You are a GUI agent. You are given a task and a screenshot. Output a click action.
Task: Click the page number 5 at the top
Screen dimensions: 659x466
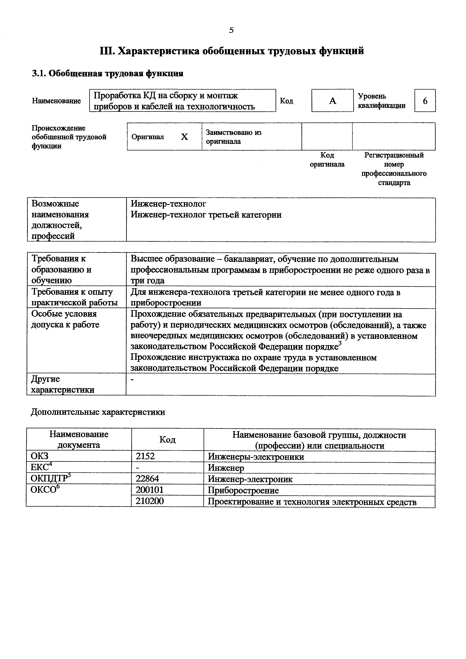tap(231, 30)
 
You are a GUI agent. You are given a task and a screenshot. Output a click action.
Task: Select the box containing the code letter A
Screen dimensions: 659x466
tap(333, 101)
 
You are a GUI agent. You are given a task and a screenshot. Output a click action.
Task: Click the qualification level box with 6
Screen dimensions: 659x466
tap(425, 101)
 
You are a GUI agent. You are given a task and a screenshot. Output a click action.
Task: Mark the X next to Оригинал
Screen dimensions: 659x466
tap(184, 137)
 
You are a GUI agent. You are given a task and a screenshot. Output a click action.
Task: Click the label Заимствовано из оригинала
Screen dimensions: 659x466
tap(233, 137)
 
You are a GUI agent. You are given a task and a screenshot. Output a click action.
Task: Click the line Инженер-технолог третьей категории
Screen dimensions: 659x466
tap(206, 215)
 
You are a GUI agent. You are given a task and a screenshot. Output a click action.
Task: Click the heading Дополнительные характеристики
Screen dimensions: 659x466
tap(98, 412)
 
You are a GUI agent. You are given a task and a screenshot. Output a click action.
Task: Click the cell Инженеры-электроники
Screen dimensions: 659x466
tap(256, 456)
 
